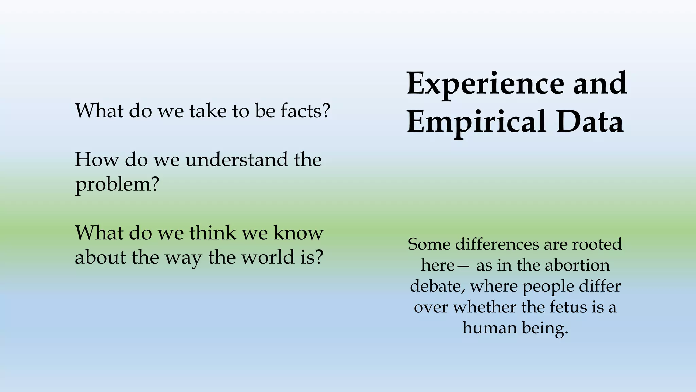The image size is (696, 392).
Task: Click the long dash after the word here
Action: (x=464, y=266)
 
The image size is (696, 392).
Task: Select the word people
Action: (x=548, y=286)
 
